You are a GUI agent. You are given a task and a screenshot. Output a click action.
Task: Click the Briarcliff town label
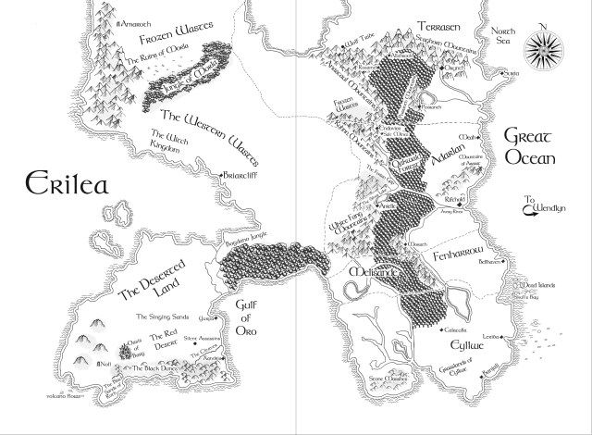(239, 175)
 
